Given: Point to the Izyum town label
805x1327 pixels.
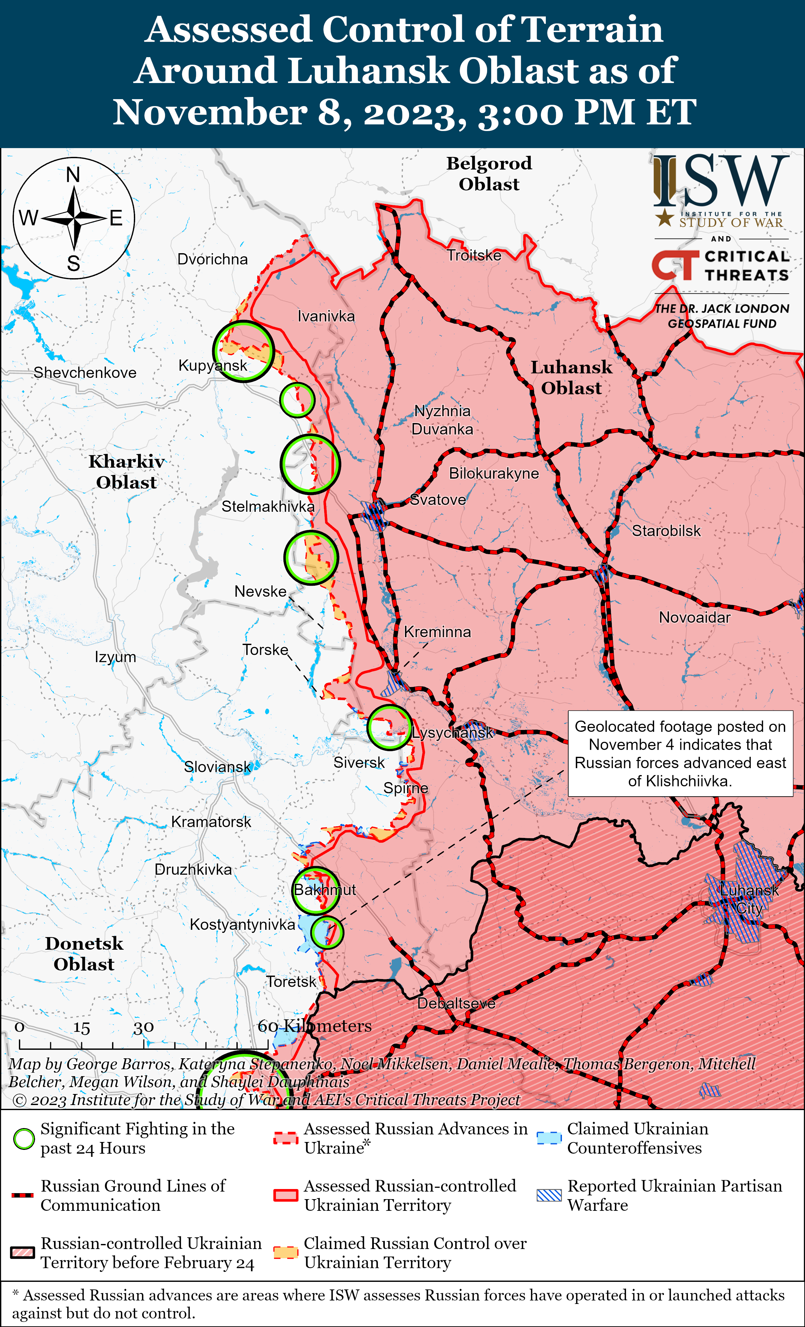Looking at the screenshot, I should (115, 657).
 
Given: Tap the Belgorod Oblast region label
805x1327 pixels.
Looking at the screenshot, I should (489, 173).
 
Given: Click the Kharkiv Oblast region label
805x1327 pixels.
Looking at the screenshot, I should (127, 472).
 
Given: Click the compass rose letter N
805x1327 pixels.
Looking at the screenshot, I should (73, 175).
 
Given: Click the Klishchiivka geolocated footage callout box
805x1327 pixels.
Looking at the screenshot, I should (680, 753).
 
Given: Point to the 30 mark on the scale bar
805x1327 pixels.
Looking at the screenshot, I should (144, 1028).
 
